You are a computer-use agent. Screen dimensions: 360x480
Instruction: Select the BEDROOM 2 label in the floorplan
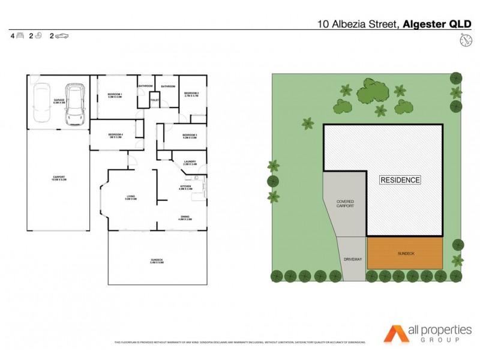(x=191, y=94)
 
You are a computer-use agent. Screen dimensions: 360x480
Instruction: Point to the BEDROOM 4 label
(x=115, y=136)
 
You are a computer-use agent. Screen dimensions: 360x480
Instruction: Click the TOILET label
(x=155, y=100)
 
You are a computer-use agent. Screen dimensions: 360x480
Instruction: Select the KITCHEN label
(x=185, y=187)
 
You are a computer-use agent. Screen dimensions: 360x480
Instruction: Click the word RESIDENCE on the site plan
(x=400, y=179)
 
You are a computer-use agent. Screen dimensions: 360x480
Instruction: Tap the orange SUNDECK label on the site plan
(x=406, y=254)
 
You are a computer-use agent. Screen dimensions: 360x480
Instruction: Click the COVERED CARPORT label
(x=345, y=203)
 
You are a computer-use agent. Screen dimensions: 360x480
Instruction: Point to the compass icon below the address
(x=465, y=40)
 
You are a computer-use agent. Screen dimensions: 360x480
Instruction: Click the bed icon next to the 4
(x=20, y=36)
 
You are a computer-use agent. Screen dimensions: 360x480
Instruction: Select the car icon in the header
(x=62, y=36)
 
